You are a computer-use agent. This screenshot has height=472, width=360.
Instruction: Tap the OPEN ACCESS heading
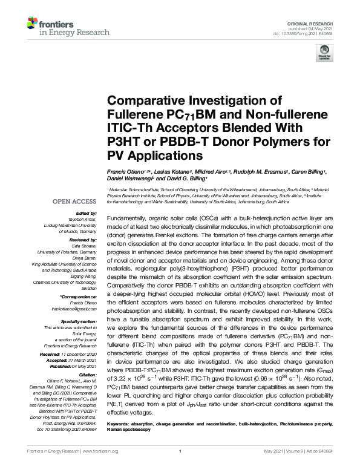point(75,201)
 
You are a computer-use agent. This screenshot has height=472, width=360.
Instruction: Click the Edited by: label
point(88,214)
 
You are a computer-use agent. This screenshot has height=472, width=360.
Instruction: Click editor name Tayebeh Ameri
point(86,219)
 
